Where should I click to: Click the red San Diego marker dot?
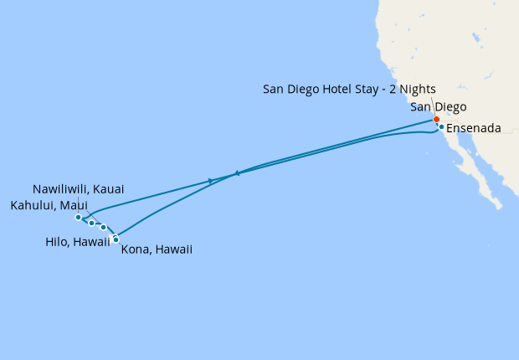coord(436,119)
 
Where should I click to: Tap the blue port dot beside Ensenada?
coord(441,126)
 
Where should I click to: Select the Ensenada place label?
coord(474,129)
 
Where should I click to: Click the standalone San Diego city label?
coord(438,106)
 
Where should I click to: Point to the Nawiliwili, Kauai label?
coord(78,189)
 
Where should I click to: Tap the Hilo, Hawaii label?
coord(78,243)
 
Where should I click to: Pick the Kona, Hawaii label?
coord(157,249)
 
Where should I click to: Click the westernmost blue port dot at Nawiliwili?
coord(78,217)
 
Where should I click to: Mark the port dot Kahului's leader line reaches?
coord(91,223)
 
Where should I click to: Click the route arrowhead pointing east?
coord(209,181)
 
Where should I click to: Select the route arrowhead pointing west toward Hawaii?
coord(237,173)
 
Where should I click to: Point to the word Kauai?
coord(108,189)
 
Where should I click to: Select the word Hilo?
coord(58,243)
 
